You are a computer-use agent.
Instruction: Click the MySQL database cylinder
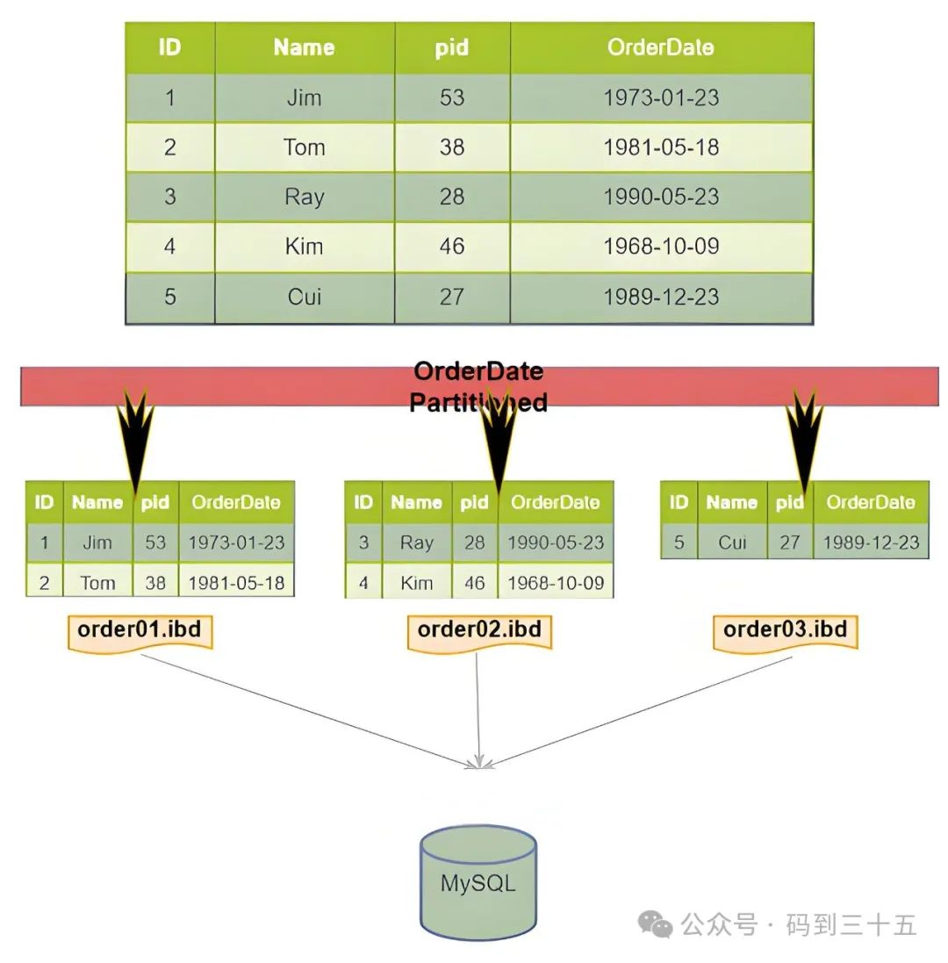tap(478, 881)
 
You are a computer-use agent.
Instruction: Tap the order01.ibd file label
tap(140, 630)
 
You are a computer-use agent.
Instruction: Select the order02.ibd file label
tap(479, 630)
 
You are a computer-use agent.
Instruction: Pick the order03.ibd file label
tap(785, 630)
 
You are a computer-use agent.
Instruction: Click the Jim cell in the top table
tap(304, 97)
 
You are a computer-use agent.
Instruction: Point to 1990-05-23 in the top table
tap(660, 197)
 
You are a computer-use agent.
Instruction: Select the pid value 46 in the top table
tap(451, 247)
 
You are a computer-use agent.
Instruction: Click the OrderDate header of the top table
tap(660, 47)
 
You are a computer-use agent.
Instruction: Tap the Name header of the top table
tap(304, 47)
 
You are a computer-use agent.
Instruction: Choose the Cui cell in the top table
tap(304, 297)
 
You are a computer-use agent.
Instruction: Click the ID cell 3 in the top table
tap(169, 197)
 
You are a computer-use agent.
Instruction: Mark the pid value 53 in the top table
tap(451, 97)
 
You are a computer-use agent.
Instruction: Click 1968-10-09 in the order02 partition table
tap(555, 582)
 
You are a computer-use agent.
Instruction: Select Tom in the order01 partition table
tap(97, 582)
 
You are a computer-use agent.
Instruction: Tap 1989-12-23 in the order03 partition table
tap(871, 543)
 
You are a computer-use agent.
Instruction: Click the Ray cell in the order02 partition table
tap(416, 543)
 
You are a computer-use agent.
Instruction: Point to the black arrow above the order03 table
tap(804, 435)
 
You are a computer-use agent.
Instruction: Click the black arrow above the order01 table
tap(135, 435)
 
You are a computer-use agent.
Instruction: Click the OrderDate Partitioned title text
tap(478, 386)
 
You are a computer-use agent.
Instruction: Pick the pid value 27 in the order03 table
tap(789, 543)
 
